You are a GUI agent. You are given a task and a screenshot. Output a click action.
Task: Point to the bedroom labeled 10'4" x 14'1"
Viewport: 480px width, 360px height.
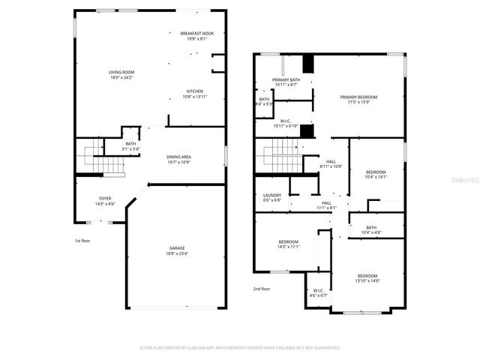coord(375,174)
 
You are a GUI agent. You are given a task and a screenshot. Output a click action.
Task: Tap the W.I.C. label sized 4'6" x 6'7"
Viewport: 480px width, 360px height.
coord(318,292)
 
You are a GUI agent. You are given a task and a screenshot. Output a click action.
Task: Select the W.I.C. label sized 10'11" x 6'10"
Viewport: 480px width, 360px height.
coord(286,124)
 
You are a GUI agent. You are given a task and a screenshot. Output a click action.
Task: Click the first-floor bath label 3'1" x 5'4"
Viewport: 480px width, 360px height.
coord(130,146)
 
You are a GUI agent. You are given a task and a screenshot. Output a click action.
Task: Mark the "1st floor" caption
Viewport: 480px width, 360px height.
coord(83,241)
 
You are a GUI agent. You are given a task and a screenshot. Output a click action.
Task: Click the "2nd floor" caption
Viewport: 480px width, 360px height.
coord(261,289)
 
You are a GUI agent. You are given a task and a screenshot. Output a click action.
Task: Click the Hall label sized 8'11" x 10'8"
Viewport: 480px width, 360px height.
coord(331,163)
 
